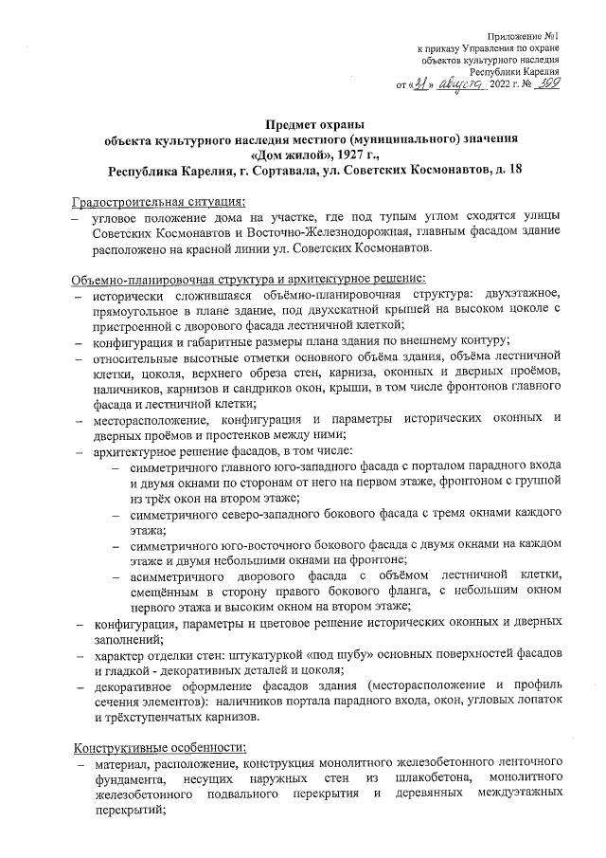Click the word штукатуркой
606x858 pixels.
[x=250, y=655]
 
